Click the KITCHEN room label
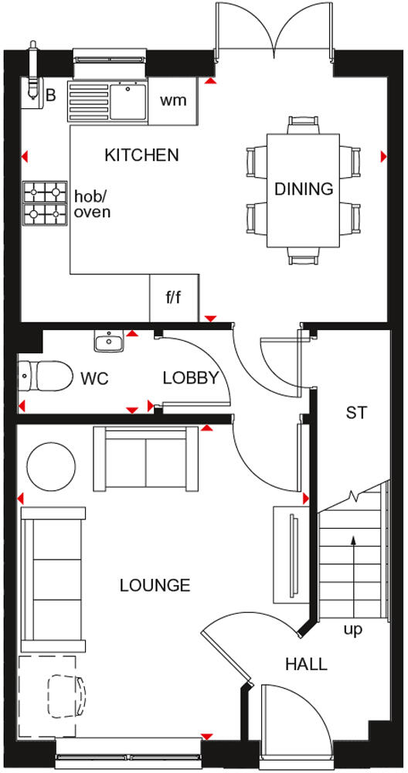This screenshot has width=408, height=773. click(x=141, y=155)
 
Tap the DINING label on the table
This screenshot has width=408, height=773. click(x=304, y=189)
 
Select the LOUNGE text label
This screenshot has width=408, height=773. click(x=155, y=585)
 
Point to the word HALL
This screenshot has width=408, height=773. click(x=305, y=663)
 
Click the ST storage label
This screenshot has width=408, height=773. click(x=355, y=413)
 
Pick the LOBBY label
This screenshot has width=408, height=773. click(x=191, y=378)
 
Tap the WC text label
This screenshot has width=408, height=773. click(x=94, y=379)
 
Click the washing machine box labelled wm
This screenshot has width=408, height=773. click(x=174, y=100)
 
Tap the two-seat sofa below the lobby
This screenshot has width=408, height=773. click(x=146, y=458)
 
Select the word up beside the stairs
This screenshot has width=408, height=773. click(x=352, y=629)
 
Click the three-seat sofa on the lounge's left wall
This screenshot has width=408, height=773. click(x=53, y=580)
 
